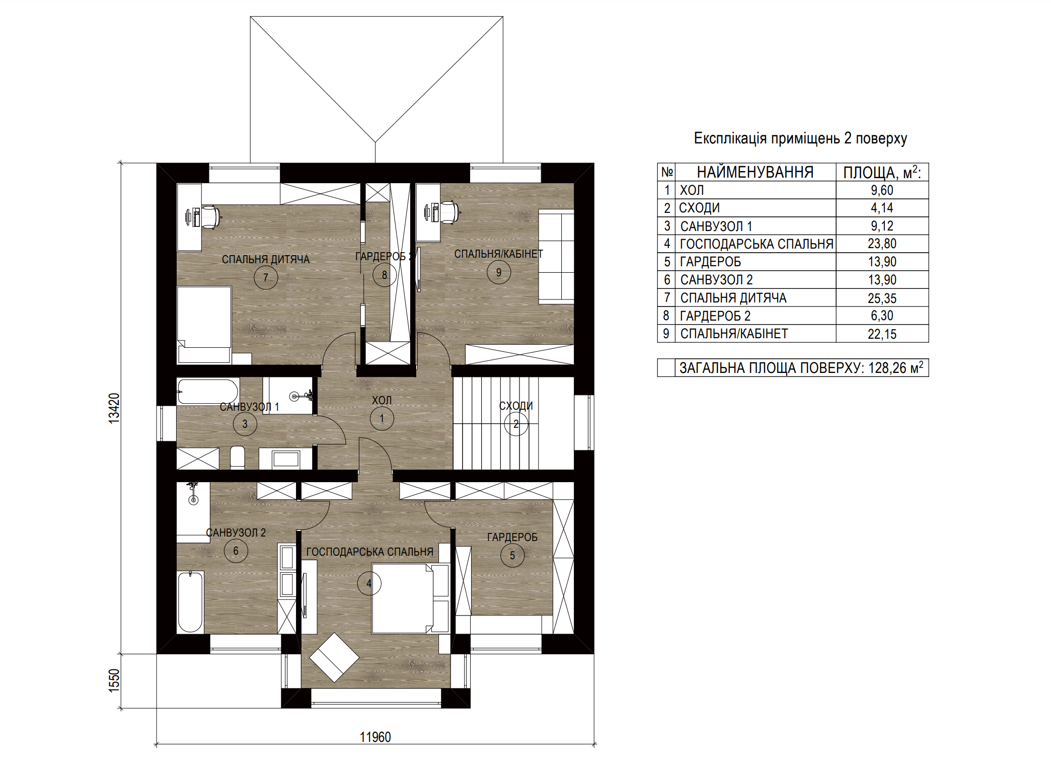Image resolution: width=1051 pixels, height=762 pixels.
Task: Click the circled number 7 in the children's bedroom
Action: (266, 277)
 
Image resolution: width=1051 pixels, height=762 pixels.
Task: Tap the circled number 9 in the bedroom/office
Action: (499, 272)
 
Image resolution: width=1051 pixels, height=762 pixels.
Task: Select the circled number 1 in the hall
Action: (382, 418)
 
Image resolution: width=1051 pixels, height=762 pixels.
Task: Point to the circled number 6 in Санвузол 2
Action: (236, 551)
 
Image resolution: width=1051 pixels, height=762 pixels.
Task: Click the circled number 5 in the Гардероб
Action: (512, 555)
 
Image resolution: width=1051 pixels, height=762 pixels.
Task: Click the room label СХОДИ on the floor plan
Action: (516, 406)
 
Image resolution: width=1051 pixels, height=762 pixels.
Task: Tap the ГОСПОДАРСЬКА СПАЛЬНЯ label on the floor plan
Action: (369, 552)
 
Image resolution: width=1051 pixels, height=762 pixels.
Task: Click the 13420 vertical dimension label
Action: (114, 408)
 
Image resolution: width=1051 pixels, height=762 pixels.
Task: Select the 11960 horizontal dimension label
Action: (375, 737)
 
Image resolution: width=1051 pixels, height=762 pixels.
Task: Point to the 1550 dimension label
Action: (114, 680)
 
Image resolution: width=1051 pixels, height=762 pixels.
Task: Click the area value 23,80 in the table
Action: (882, 244)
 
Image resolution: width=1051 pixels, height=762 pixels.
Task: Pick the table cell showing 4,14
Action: (882, 208)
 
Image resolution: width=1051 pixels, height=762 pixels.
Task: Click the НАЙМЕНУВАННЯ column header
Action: (755, 172)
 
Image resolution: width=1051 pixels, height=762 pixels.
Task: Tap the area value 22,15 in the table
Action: (882, 334)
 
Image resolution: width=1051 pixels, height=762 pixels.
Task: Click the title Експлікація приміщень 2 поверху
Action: (800, 138)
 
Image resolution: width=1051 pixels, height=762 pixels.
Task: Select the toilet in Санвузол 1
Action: (237, 458)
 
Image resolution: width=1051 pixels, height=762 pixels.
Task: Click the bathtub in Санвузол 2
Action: (190, 601)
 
